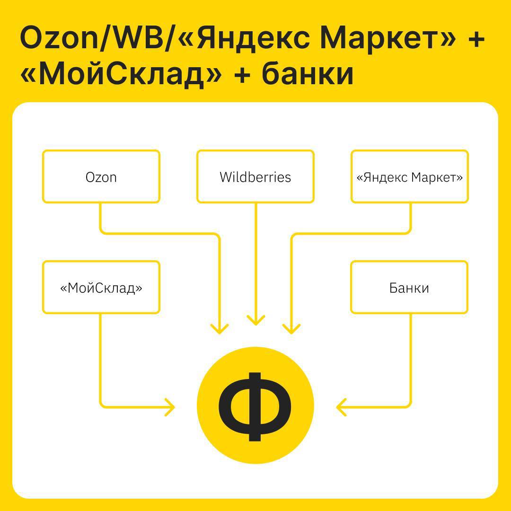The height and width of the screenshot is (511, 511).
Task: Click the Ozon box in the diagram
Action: [101, 176]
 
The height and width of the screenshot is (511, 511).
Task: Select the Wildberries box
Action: [255, 176]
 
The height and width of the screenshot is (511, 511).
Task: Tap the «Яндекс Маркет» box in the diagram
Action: [410, 176]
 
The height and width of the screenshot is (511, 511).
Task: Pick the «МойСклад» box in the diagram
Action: [101, 287]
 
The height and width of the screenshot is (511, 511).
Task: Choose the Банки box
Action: [409, 287]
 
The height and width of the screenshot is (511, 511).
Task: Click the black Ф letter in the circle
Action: [255, 406]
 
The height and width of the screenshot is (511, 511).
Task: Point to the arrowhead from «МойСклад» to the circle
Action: [170, 407]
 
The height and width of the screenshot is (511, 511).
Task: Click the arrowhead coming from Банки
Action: [341, 407]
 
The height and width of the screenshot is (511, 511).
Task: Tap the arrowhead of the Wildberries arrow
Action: [256, 320]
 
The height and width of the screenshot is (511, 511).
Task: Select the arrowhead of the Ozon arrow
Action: [220, 329]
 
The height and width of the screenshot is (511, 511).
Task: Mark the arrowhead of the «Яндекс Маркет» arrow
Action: [291, 329]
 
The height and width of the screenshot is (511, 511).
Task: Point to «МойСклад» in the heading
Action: [121, 75]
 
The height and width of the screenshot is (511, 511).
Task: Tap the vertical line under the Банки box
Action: [410, 359]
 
